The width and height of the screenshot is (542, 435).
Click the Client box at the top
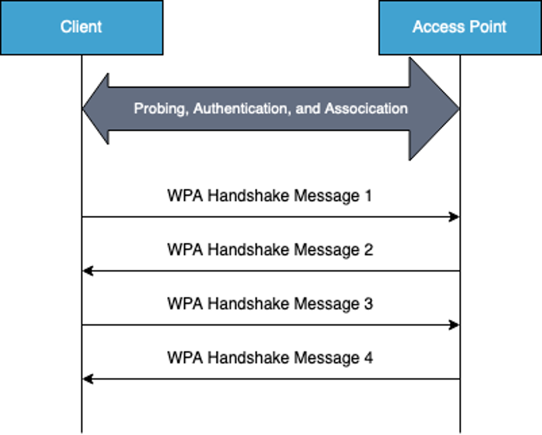[81, 27]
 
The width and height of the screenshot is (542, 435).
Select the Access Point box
[460, 27]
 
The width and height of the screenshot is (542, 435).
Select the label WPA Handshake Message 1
[270, 196]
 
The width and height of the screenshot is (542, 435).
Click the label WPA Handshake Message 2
[270, 250]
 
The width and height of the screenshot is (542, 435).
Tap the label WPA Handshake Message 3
[270, 304]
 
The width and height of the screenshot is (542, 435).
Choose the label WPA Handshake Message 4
[270, 358]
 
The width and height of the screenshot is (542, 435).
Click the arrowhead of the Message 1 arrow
[455, 217]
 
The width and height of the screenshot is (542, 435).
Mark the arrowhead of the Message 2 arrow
[87, 271]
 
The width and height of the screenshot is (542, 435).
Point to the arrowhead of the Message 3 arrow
[455, 325]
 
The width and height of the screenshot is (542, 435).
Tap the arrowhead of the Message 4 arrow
[87, 379]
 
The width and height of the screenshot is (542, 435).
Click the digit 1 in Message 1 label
[368, 196]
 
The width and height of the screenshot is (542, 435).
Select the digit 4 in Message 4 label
[368, 358]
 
